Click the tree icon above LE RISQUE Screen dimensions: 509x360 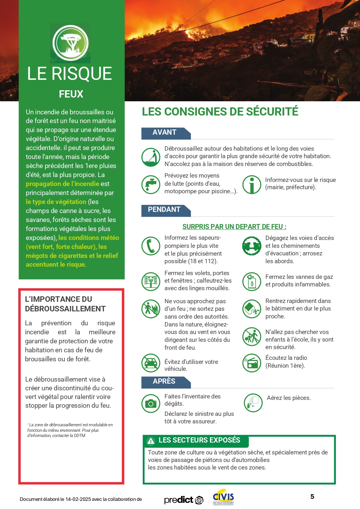point(70,43)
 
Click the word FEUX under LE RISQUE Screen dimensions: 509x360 point(71,94)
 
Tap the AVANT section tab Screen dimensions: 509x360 point(164,133)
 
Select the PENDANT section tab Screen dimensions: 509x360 point(164,210)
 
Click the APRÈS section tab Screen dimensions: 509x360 point(164,382)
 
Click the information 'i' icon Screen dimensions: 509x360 point(252,184)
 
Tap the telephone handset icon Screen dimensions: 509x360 point(151,246)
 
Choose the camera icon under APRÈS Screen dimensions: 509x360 point(151,403)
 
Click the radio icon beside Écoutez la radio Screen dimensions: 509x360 point(252,363)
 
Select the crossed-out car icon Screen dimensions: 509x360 point(151,363)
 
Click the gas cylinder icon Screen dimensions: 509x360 point(252,281)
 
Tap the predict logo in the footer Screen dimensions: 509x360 point(184,500)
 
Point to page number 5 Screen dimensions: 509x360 point(312,497)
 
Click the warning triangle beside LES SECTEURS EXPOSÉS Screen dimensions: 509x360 point(151,441)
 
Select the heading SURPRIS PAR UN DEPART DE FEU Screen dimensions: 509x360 point(234,227)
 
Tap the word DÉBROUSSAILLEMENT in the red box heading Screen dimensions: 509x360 point(65,309)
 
